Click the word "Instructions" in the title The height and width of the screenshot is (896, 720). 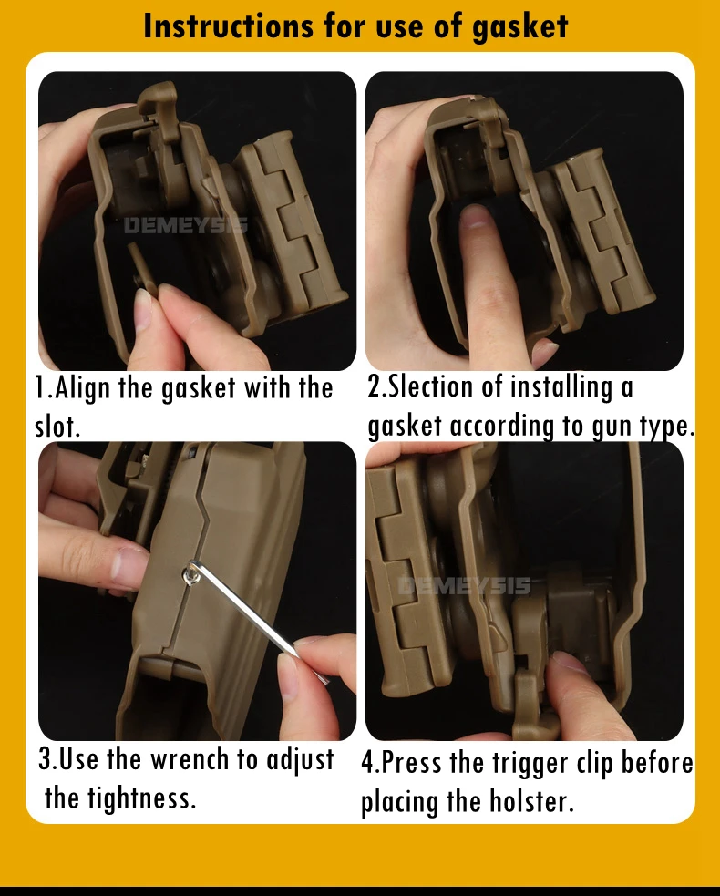pyautogui.click(x=228, y=26)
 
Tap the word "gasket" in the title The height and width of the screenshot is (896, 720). pyautogui.click(x=519, y=26)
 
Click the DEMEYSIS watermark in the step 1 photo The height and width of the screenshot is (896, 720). pyautogui.click(x=186, y=226)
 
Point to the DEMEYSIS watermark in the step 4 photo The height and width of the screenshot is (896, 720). pyautogui.click(x=463, y=586)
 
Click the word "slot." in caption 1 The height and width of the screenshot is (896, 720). pyautogui.click(x=57, y=427)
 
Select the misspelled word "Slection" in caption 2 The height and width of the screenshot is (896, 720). pyautogui.click(x=431, y=386)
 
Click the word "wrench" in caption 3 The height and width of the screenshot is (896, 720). pyautogui.click(x=190, y=760)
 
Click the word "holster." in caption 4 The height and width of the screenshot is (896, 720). pyautogui.click(x=530, y=800)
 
